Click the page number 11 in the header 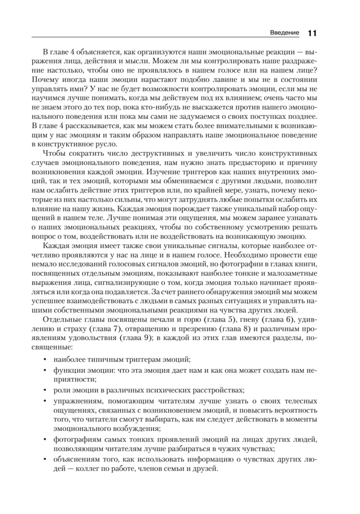click(x=312, y=33)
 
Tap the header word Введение click(x=286, y=33)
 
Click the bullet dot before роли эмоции click(x=45, y=391)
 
